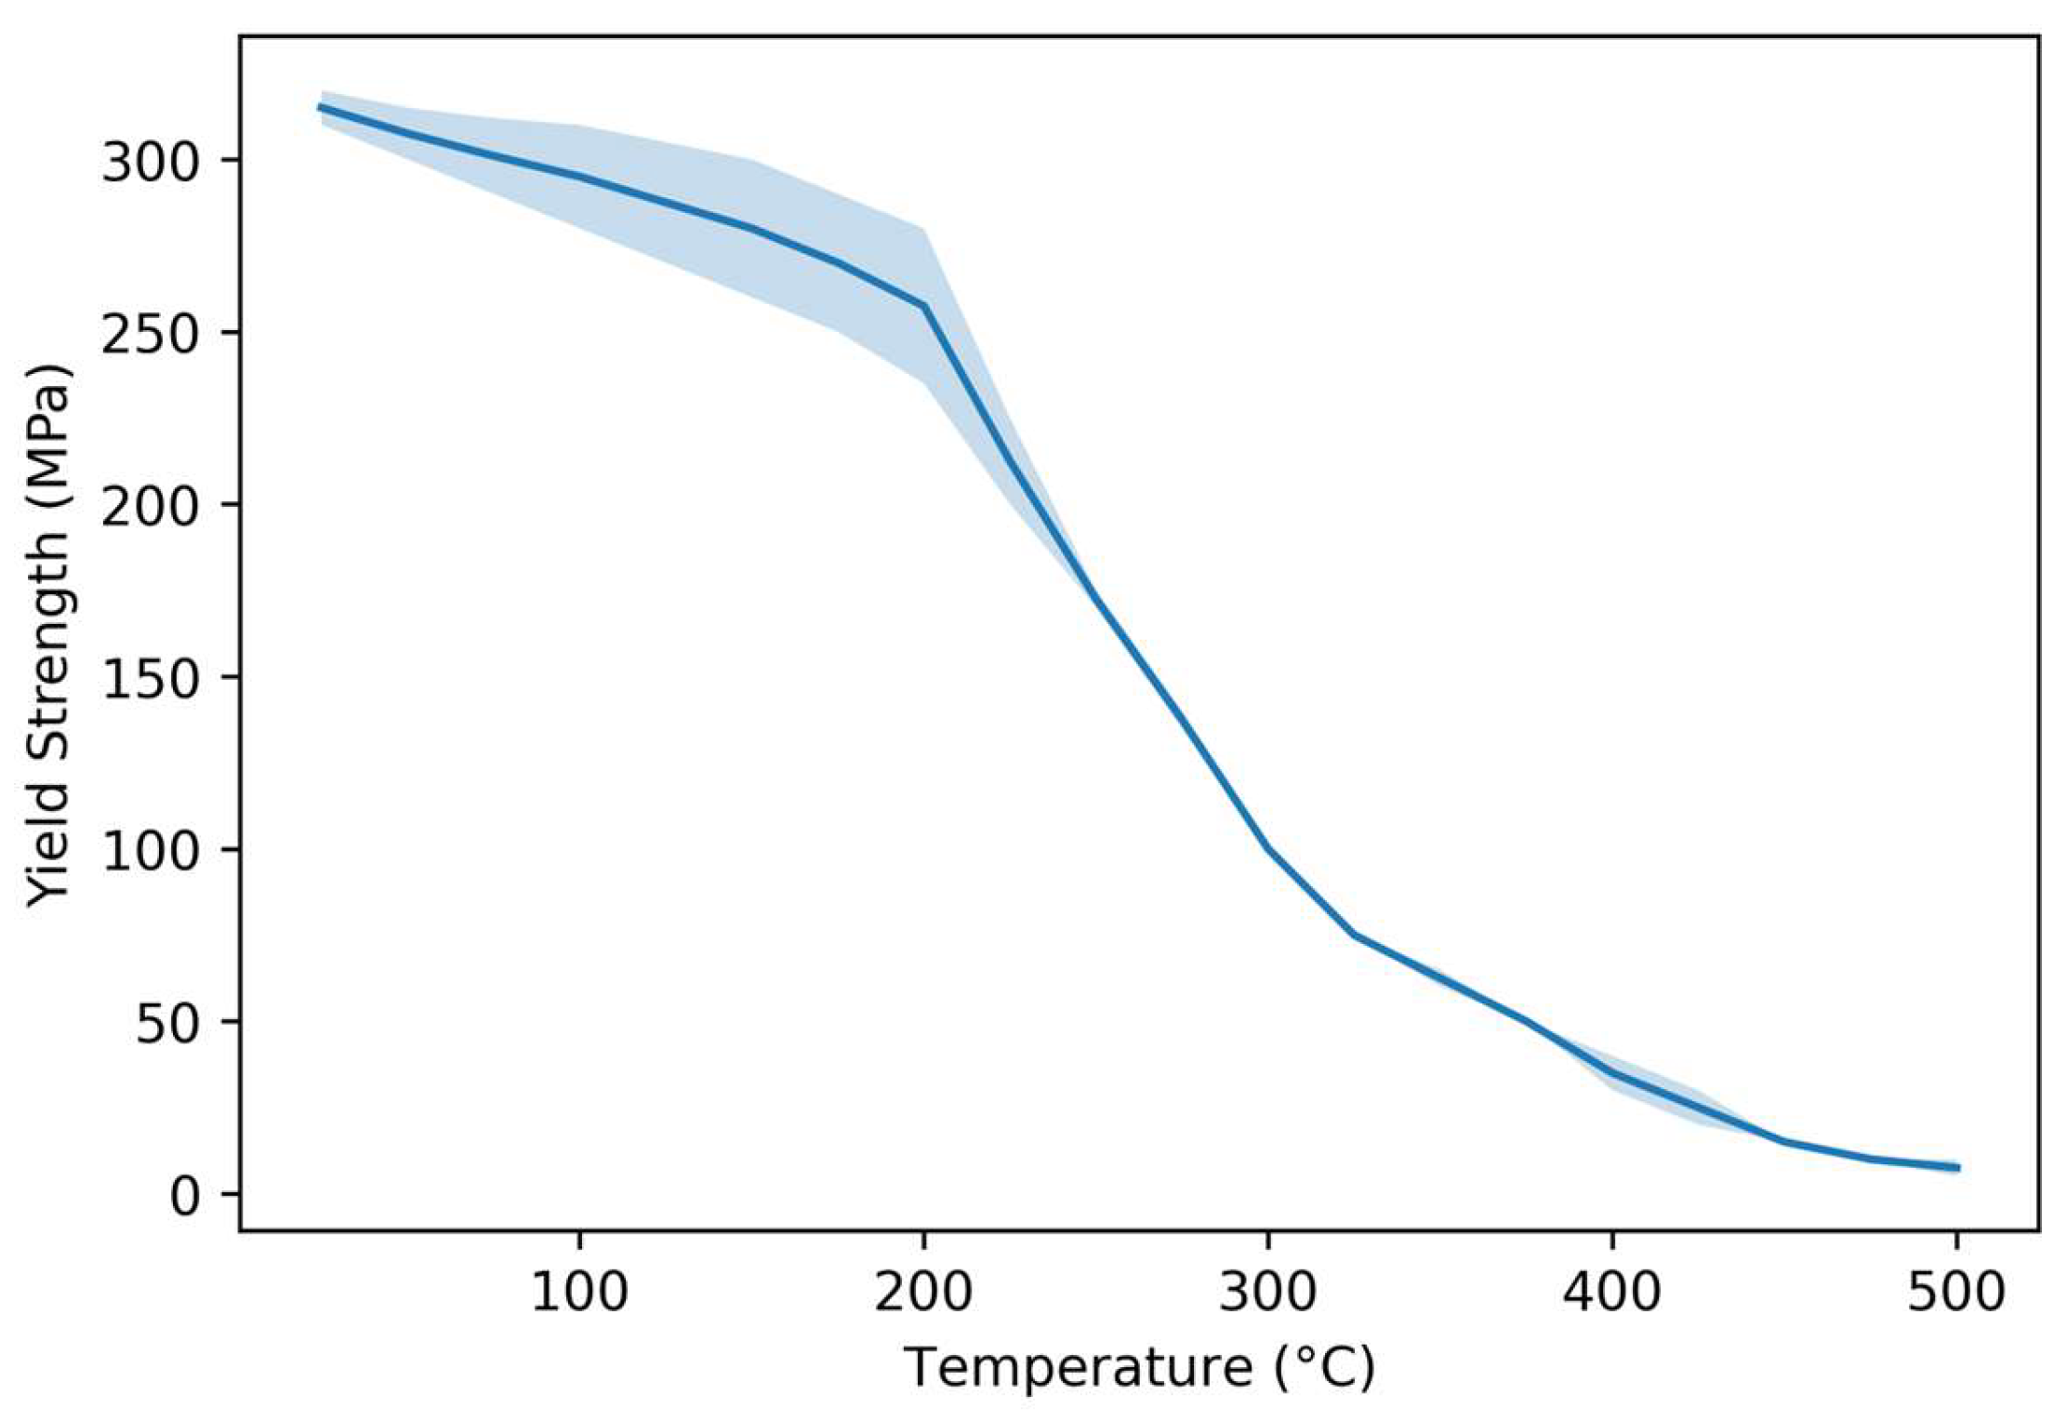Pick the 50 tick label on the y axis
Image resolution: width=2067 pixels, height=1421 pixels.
(x=169, y=1023)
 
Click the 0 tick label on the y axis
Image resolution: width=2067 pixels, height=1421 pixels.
(x=190, y=1195)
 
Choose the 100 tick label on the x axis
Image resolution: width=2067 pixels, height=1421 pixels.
(x=579, y=1292)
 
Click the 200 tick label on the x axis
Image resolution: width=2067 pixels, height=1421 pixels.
(x=923, y=1292)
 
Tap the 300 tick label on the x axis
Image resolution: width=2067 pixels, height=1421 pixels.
(x=1267, y=1292)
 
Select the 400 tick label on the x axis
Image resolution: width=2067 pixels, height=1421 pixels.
(x=1611, y=1292)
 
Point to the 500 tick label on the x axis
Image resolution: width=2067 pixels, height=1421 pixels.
(x=1955, y=1292)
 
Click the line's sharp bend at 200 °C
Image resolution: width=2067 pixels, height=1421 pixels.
(x=924, y=305)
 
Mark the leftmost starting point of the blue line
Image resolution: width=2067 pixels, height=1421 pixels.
(x=321, y=108)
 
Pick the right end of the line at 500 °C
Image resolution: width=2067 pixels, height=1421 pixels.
(x=1957, y=1167)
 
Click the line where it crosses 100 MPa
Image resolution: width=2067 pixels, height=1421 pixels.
(x=1267, y=850)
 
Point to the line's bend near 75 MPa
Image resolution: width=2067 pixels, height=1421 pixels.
(x=1354, y=935)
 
